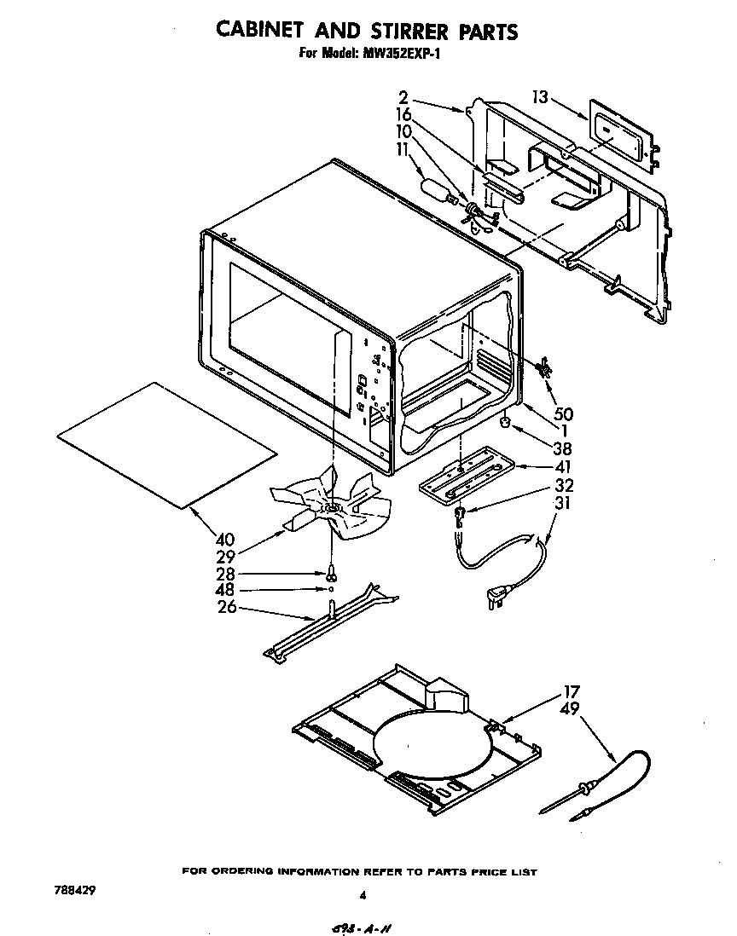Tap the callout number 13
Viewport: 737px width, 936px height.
click(539, 97)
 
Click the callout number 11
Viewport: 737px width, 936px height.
click(403, 148)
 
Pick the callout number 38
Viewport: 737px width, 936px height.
click(562, 448)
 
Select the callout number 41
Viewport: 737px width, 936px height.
click(562, 466)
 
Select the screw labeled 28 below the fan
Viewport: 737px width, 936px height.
click(329, 575)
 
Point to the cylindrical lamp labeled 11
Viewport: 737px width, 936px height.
click(437, 190)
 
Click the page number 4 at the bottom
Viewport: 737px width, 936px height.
click(363, 895)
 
